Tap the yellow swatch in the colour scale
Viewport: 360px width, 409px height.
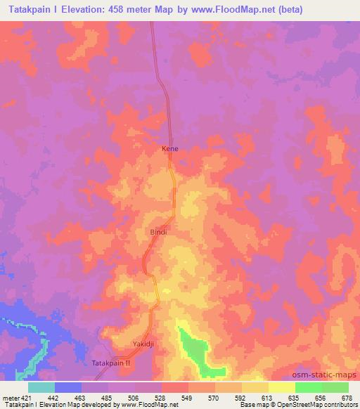click(282, 387)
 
